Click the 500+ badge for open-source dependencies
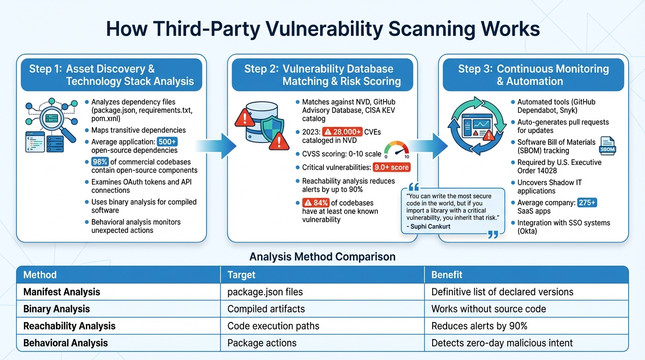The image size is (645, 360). pos(167,142)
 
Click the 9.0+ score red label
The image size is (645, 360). pos(391,167)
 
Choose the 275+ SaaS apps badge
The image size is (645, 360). pos(587,203)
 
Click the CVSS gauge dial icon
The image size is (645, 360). pos(396,150)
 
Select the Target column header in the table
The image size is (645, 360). pos(241,275)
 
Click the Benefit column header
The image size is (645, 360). pos(447,275)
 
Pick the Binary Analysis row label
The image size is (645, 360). pos(56,309)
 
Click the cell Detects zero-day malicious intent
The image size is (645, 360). pos(502,343)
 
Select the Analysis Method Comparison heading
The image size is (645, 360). pos(322,257)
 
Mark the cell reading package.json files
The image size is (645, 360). pos(265,292)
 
